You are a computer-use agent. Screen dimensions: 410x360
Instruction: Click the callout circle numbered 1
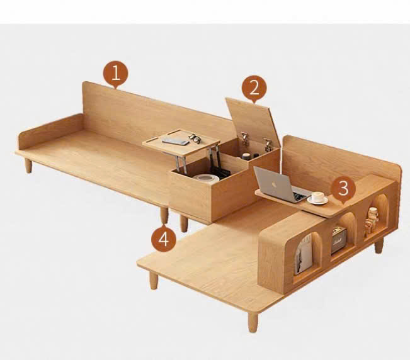(x=116, y=74)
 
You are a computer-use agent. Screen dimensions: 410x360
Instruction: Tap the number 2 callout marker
(x=254, y=88)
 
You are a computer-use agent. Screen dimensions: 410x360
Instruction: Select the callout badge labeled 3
(x=343, y=189)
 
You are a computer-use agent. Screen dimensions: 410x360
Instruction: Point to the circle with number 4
(x=164, y=239)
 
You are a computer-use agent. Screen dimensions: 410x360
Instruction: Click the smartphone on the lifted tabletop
(x=176, y=142)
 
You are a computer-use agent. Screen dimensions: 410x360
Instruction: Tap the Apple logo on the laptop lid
(x=274, y=184)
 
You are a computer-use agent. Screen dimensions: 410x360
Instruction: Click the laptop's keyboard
(x=300, y=196)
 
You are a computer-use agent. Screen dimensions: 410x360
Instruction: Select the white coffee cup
(x=317, y=198)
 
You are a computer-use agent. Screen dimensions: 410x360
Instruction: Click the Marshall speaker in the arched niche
(x=339, y=240)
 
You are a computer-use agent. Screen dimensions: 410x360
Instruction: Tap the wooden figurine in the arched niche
(x=371, y=220)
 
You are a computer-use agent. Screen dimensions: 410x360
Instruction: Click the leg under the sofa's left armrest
(x=28, y=165)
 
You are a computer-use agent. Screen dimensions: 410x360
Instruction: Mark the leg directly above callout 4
(x=164, y=215)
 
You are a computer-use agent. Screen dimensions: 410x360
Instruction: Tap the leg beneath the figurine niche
(x=379, y=245)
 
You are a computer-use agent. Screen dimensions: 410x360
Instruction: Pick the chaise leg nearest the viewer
(x=253, y=322)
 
